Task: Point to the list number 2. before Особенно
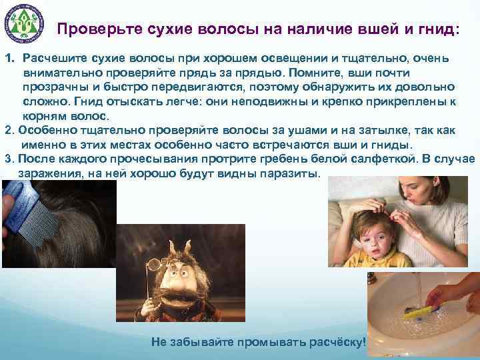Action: (9, 131)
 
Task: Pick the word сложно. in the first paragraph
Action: (47, 102)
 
